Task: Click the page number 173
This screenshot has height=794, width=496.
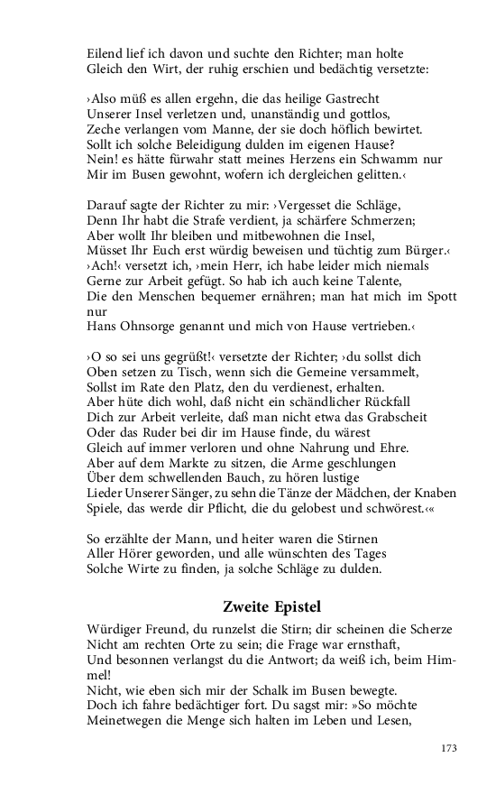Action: [449, 747]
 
